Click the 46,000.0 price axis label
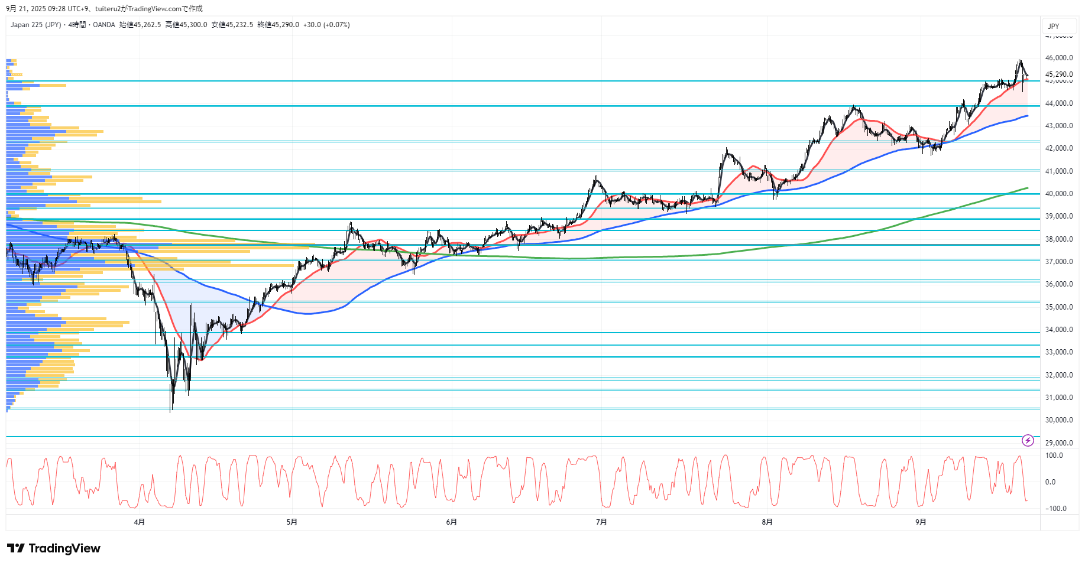pos(1058,58)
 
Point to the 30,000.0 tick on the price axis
pos(1058,420)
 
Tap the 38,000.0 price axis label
pos(1058,239)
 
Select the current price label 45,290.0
pos(1058,74)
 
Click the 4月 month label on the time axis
pos(140,522)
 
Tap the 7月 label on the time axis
pos(601,522)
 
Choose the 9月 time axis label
pos(921,522)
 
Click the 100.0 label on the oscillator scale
pos(1054,456)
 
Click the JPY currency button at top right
pos(1054,26)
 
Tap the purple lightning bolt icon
pos(1028,440)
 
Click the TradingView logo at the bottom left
pos(54,548)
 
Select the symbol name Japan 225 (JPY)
pos(35,25)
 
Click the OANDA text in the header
pos(104,25)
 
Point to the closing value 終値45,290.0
pos(278,25)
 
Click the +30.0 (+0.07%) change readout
pos(326,25)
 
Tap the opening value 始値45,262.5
pos(140,25)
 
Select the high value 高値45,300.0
pos(186,25)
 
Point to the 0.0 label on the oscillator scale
pos(1050,482)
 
